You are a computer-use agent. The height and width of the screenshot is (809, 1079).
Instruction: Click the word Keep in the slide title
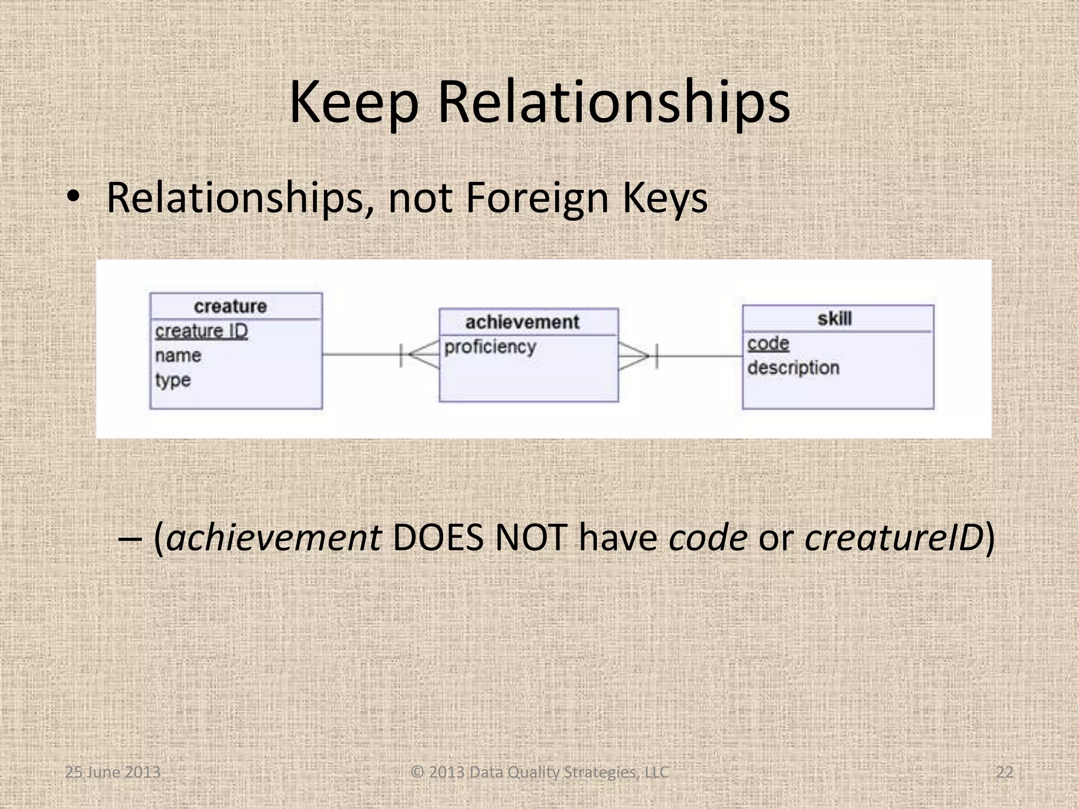tap(354, 103)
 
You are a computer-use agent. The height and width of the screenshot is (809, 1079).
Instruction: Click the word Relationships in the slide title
tap(613, 103)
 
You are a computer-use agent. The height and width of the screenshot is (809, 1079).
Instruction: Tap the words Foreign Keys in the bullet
tap(586, 199)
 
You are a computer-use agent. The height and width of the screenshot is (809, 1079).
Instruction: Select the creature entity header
tap(230, 307)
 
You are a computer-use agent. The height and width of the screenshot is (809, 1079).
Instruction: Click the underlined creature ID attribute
tap(201, 331)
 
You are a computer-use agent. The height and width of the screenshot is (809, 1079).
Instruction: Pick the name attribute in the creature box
tap(178, 356)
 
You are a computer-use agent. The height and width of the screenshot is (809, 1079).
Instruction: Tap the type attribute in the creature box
tap(173, 380)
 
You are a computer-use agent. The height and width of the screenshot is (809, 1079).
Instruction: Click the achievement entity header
tap(522, 322)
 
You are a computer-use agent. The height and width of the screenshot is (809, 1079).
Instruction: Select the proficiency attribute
tap(490, 347)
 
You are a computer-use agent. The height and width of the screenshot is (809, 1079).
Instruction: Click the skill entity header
tap(835, 319)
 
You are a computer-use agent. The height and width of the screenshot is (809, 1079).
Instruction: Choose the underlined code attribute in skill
tap(768, 343)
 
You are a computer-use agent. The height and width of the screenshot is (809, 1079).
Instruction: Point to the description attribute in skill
tap(793, 368)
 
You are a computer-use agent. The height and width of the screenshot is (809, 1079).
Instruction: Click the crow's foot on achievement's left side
tap(421, 354)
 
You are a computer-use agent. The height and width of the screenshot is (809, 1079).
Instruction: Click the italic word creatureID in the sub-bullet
tap(894, 538)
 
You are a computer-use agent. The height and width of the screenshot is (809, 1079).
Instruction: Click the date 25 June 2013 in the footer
tap(112, 772)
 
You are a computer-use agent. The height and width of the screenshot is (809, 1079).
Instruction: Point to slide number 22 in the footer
tap(1005, 772)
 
